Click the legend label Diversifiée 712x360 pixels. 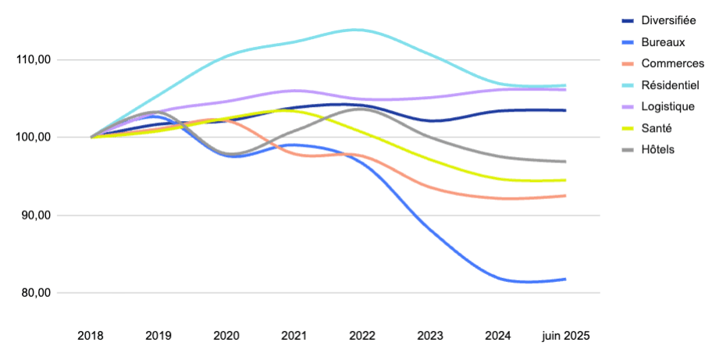coord(668,20)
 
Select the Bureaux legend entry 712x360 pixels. coord(664,41)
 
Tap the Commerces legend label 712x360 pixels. coord(672,63)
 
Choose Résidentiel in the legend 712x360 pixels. coord(671,84)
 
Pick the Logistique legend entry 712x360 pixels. coord(667,106)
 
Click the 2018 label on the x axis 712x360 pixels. coord(91,335)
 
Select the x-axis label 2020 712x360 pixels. coord(226,335)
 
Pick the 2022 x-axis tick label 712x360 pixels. coord(362,335)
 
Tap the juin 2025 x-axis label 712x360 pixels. coord(566,335)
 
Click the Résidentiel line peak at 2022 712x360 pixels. coord(356,30)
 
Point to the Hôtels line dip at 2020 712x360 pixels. coord(233,154)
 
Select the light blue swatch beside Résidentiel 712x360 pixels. coord(628,84)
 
